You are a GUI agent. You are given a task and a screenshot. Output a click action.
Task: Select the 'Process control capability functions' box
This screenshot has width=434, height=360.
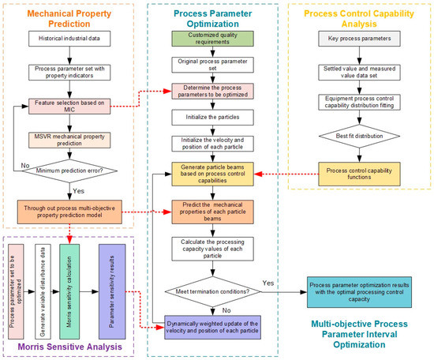pos(359,171)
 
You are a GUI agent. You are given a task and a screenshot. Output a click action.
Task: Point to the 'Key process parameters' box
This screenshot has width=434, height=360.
pos(359,38)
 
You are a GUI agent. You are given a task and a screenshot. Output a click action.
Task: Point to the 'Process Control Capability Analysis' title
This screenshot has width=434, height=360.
pos(359,14)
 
